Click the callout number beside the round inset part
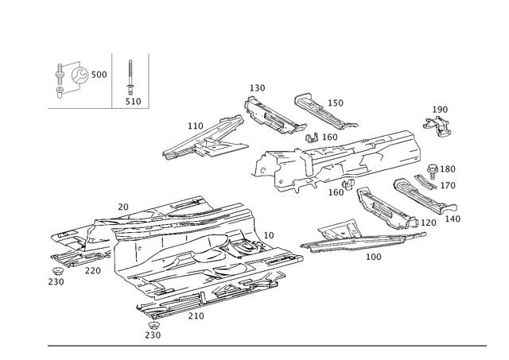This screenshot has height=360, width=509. pyautogui.click(x=100, y=74)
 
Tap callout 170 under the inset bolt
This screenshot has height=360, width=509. pyautogui.click(x=132, y=102)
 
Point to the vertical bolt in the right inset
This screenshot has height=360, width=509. pyautogui.click(x=132, y=79)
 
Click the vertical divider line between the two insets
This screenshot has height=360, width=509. pyautogui.click(x=113, y=79)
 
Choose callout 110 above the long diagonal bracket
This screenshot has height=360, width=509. pyautogui.click(x=195, y=125)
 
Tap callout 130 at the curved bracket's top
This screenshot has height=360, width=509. pyautogui.click(x=257, y=87)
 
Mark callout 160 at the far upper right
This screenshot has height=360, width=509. pyautogui.click(x=440, y=107)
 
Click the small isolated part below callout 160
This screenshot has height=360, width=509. pyautogui.click(x=434, y=124)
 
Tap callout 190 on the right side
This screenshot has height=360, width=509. pyautogui.click(x=448, y=168)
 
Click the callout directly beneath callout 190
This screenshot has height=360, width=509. pyautogui.click(x=448, y=184)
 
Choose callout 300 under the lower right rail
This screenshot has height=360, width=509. pyautogui.click(x=373, y=257)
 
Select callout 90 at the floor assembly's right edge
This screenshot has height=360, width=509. pyautogui.click(x=270, y=235)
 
